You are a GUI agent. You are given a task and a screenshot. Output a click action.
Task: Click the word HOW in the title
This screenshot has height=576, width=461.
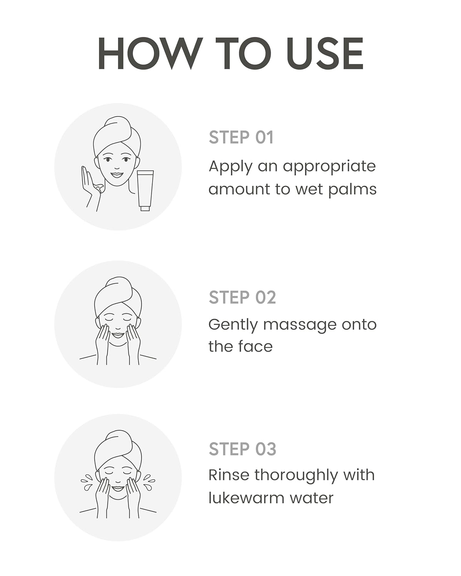tap(151, 53)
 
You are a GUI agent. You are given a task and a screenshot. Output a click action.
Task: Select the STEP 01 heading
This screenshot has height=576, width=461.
tap(241, 137)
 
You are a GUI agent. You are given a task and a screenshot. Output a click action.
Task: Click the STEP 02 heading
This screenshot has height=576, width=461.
tap(242, 297)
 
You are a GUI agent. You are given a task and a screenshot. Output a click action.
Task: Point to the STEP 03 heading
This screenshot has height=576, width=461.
tap(242, 449)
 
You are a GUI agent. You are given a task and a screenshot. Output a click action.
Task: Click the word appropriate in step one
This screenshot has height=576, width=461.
tap(330, 167)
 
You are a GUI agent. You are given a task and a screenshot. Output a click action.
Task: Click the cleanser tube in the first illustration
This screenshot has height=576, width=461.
tap(145, 190)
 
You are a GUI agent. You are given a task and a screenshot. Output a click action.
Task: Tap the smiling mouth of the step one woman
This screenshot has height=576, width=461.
tap(117, 175)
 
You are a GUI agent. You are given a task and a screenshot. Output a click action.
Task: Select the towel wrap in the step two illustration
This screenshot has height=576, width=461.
tap(118, 296)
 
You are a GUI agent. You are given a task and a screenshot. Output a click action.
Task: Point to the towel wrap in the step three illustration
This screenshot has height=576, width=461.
tap(118, 449)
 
